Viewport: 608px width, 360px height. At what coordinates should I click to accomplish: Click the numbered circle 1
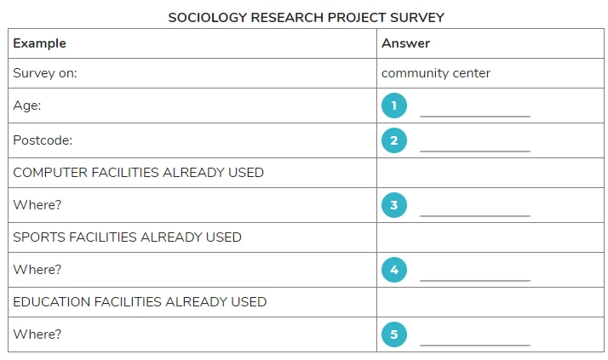tap(394, 106)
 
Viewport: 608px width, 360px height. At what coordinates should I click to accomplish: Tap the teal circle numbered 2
tap(394, 140)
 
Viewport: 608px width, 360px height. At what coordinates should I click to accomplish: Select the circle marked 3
tap(394, 205)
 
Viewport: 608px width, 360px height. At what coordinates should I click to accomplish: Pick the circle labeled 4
tap(394, 270)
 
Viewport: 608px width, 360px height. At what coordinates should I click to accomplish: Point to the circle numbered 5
tap(394, 334)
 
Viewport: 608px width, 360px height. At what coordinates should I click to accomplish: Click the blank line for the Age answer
tap(475, 116)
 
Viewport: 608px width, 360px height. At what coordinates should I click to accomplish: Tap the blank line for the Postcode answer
tap(475, 151)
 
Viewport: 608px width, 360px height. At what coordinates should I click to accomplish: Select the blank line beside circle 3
tap(475, 215)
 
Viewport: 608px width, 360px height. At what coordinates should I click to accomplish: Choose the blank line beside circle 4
tap(475, 280)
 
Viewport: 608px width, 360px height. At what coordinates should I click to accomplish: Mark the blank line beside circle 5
tap(475, 345)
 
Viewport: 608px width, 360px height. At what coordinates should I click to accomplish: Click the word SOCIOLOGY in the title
tap(208, 17)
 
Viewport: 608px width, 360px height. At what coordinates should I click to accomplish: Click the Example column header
tap(39, 43)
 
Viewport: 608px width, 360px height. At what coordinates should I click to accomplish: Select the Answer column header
tap(405, 43)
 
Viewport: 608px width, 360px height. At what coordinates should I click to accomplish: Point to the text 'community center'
tap(436, 73)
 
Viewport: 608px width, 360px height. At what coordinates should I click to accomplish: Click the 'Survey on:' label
tap(45, 73)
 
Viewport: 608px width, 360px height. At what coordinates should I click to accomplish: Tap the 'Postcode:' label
tap(43, 140)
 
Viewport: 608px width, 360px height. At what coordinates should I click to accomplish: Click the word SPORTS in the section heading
tap(39, 237)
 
